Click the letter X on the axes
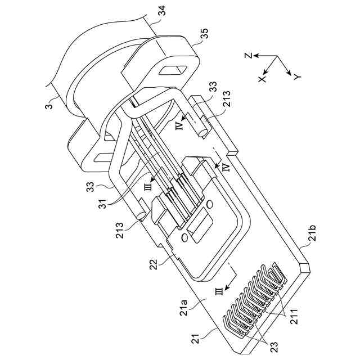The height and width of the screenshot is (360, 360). pos(262,79)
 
